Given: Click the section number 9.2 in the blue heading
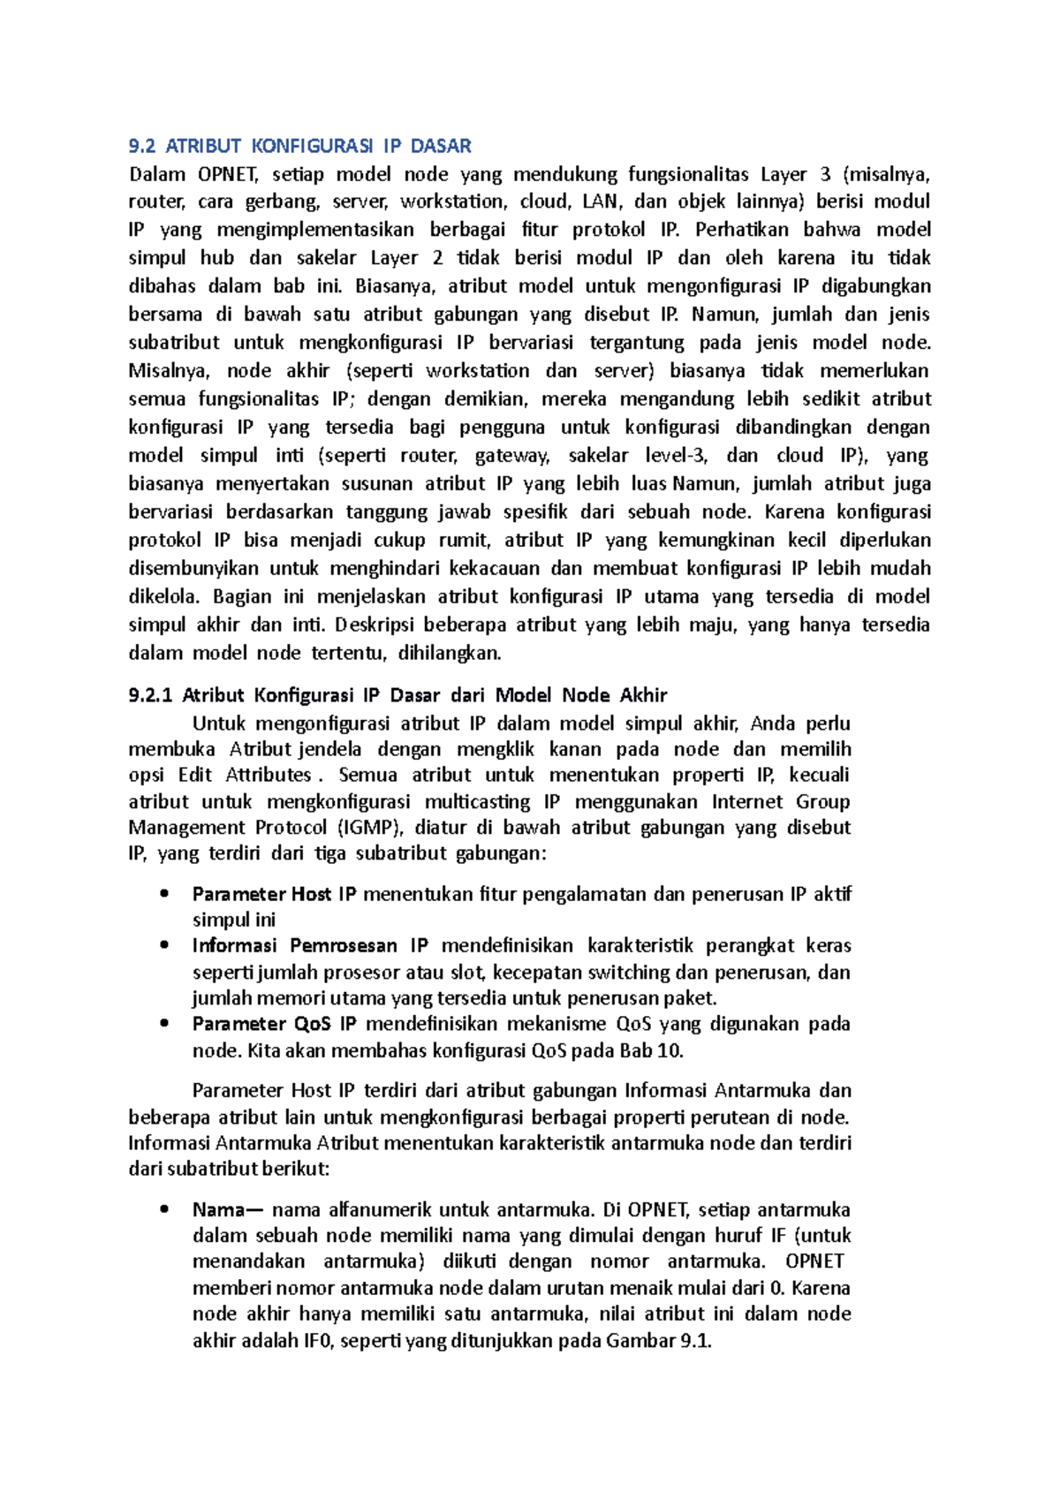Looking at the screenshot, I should click(x=141, y=146).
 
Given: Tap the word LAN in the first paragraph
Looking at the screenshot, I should click(x=601, y=201).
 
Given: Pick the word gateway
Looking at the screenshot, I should click(x=512, y=456).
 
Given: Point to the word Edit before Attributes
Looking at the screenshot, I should click(x=195, y=776).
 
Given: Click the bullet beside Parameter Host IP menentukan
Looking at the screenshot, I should click(x=164, y=894).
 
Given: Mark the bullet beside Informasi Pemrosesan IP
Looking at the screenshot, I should click(x=164, y=945).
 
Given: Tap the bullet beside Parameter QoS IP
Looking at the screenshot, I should click(x=164, y=1024).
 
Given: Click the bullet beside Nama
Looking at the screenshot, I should click(x=164, y=1209).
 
